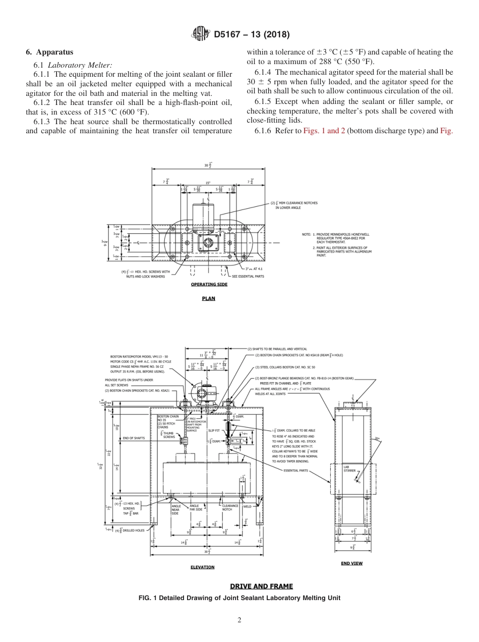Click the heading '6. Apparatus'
49,52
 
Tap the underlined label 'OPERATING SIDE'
209,285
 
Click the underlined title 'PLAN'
208,298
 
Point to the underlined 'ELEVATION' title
202,567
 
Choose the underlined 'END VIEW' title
351,563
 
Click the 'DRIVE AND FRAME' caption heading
261,586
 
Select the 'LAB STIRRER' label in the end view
349,468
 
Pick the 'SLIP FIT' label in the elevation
214,431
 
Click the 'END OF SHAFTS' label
134,438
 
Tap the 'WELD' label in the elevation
247,506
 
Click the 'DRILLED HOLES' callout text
133,530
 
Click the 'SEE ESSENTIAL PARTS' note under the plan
248,276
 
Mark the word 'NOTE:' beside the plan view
307,235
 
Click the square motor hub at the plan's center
208,243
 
